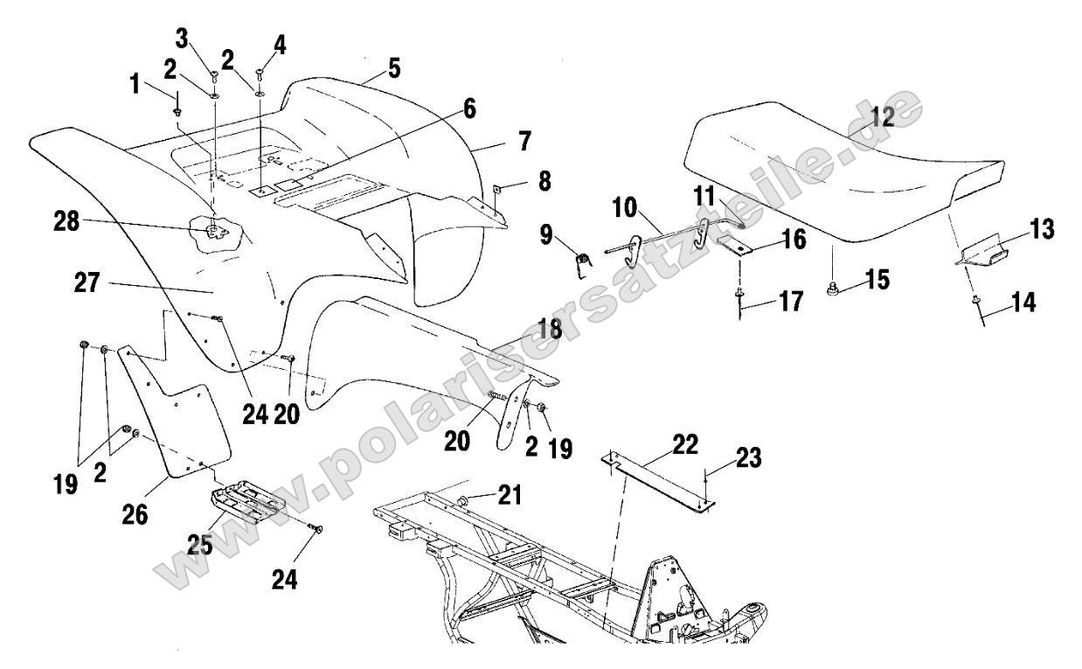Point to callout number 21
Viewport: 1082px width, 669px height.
click(510, 496)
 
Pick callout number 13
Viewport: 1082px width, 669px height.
click(1040, 229)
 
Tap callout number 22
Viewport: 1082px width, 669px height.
click(685, 444)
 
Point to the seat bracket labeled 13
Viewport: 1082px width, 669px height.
click(988, 255)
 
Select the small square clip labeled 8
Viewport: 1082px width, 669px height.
click(495, 185)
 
